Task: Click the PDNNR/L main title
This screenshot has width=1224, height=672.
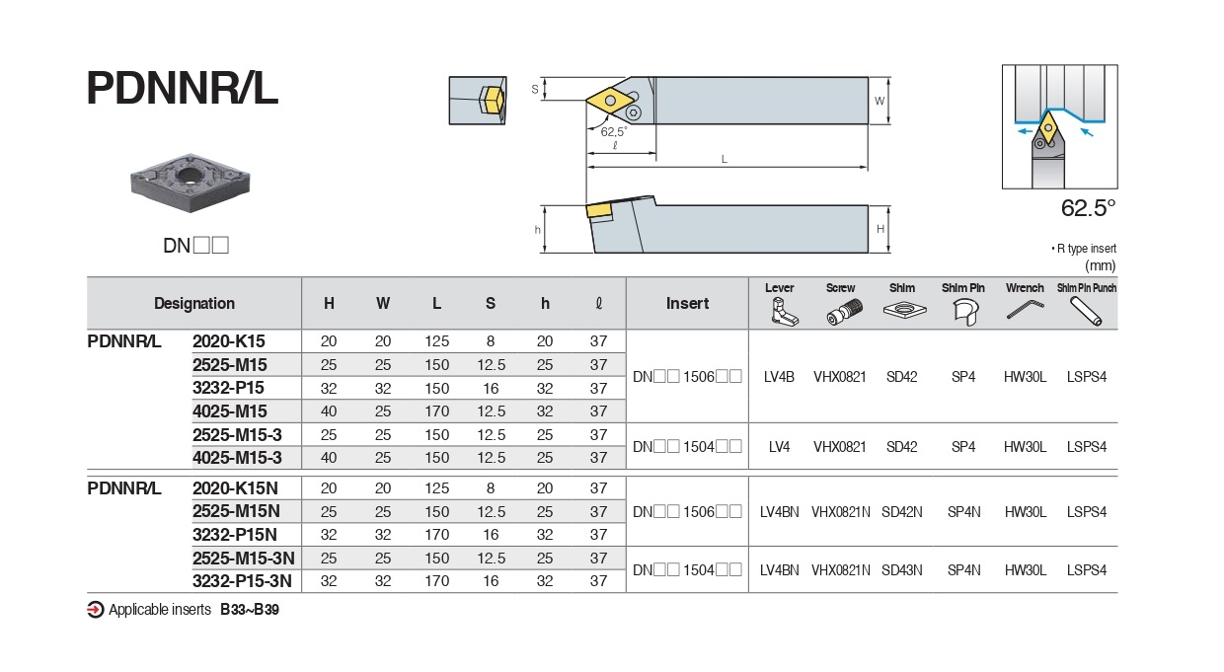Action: click(x=183, y=88)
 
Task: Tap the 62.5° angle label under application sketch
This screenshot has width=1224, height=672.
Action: click(x=1088, y=208)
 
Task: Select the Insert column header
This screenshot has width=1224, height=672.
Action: click(x=687, y=303)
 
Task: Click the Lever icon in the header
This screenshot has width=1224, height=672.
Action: click(x=780, y=312)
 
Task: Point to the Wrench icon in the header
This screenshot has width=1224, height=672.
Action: click(x=1025, y=311)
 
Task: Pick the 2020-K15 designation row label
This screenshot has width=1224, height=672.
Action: click(x=228, y=340)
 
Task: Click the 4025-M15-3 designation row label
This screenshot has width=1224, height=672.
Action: click(x=237, y=457)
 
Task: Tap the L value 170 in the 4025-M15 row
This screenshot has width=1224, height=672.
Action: click(x=436, y=411)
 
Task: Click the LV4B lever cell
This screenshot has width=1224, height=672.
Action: click(x=779, y=376)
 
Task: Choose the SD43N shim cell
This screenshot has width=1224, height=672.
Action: click(x=901, y=569)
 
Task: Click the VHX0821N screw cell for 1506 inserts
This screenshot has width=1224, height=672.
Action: click(x=840, y=511)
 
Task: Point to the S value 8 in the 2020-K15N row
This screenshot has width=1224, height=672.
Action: click(x=491, y=487)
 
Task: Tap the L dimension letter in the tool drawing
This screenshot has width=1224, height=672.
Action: click(x=725, y=159)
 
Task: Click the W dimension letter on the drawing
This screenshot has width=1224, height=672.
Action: click(x=880, y=101)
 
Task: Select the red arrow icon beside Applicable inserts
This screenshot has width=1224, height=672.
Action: click(x=96, y=609)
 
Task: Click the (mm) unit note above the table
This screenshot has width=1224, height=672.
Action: click(x=1100, y=264)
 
